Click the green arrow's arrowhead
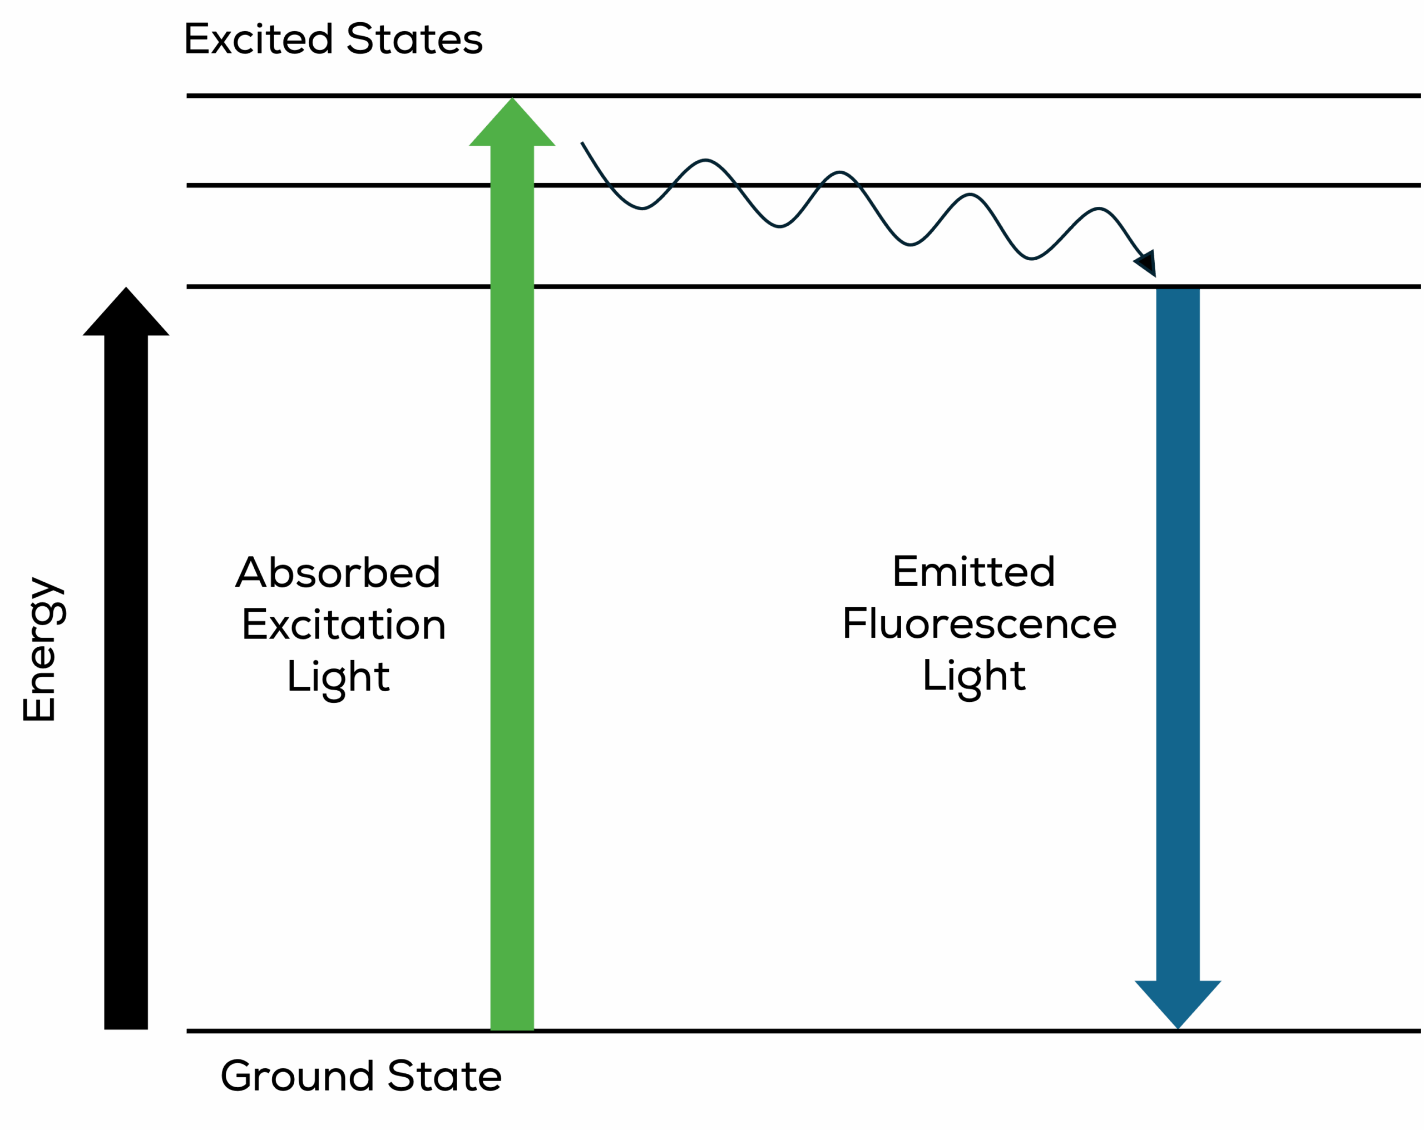pyautogui.click(x=512, y=126)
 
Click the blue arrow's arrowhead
pyautogui.click(x=1178, y=1000)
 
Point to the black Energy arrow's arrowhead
pyautogui.click(x=126, y=316)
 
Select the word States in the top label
pyautogui.click(x=415, y=39)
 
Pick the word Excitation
pyautogui.click(x=343, y=624)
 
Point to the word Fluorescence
pyautogui.click(x=980, y=624)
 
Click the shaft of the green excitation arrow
pyautogui.click(x=512, y=594)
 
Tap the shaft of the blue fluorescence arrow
pyautogui.click(x=1178, y=627)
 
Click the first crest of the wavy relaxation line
pyautogui.click(x=705, y=161)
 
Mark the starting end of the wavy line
pyautogui.click(x=582, y=143)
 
